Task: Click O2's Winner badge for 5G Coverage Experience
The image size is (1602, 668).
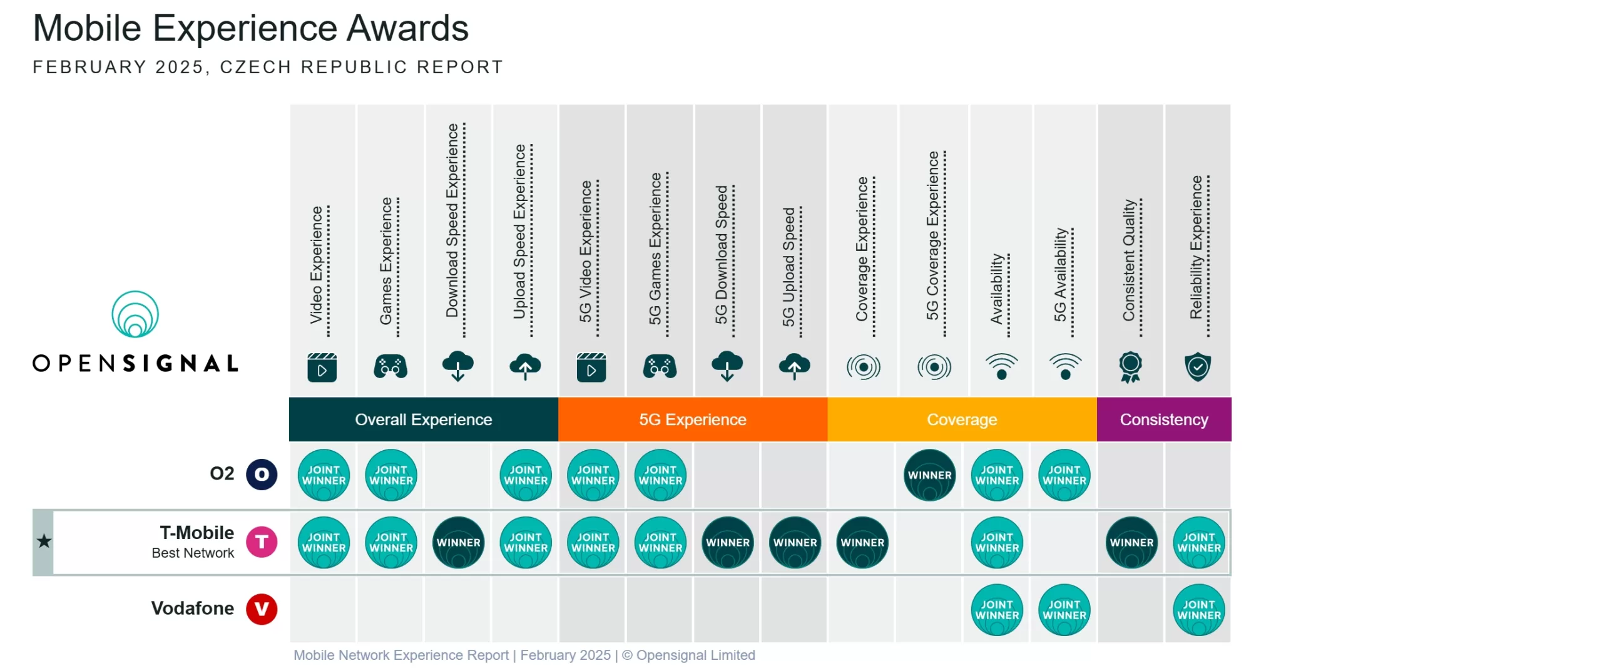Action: [x=930, y=475]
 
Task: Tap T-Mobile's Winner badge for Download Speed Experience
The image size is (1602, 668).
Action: [x=458, y=542]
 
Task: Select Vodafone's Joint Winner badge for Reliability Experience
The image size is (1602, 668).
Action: [x=1198, y=610]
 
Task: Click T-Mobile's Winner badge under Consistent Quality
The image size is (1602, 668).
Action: [x=1131, y=542]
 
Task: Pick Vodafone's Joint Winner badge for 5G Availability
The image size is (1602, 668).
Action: [x=1064, y=610]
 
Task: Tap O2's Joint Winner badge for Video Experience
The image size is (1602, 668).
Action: [x=324, y=475]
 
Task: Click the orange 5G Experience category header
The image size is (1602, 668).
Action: [x=693, y=419]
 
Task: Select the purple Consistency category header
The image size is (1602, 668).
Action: [x=1164, y=419]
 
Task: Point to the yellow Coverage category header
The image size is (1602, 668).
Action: [x=962, y=419]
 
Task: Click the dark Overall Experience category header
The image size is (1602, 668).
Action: [x=424, y=419]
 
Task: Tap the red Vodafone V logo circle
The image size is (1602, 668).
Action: [x=262, y=609]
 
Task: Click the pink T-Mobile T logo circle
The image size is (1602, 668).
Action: [x=262, y=542]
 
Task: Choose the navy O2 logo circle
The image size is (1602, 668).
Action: [x=262, y=474]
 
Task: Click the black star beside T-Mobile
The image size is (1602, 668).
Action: [x=44, y=541]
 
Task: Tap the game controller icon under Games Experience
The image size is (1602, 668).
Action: [x=390, y=366]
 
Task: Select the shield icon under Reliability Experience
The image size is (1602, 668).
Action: [x=1198, y=367]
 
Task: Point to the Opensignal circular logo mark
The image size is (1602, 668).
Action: [x=135, y=314]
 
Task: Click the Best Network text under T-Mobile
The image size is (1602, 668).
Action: [x=193, y=553]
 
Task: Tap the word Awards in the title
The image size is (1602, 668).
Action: [x=407, y=28]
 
